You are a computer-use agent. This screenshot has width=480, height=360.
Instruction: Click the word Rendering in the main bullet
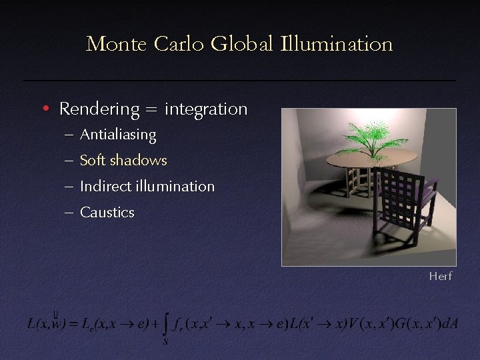pos(99,109)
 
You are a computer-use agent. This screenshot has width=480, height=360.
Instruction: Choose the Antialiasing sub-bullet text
pos(118,135)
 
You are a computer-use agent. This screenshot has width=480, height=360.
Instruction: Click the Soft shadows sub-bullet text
pos(123,161)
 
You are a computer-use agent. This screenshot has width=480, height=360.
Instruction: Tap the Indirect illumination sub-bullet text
pos(147,187)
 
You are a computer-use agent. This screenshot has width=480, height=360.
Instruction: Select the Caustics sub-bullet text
pos(107,213)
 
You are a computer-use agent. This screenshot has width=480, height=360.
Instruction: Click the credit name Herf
pos(441,276)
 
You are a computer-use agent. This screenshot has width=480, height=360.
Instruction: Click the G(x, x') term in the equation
pos(410,325)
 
